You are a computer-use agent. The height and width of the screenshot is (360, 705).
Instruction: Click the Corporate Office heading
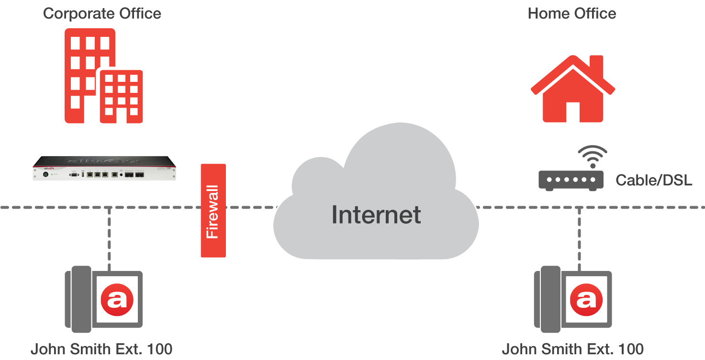102,13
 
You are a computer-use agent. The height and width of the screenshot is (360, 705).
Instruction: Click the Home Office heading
571,13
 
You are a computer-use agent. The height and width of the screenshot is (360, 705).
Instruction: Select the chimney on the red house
596,65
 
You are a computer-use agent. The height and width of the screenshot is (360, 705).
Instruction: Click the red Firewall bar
213,211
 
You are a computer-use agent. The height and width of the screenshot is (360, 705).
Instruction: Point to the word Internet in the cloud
376,214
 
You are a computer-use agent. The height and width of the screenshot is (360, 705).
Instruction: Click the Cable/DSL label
654,180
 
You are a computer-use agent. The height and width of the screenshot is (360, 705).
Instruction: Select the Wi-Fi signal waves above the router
593,156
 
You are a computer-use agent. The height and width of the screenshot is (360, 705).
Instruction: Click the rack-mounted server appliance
104,169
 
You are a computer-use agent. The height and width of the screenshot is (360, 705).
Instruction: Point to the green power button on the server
46,175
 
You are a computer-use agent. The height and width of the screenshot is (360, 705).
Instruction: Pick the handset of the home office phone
546,300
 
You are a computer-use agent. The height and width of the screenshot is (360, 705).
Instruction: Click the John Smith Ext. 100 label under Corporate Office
101,349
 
